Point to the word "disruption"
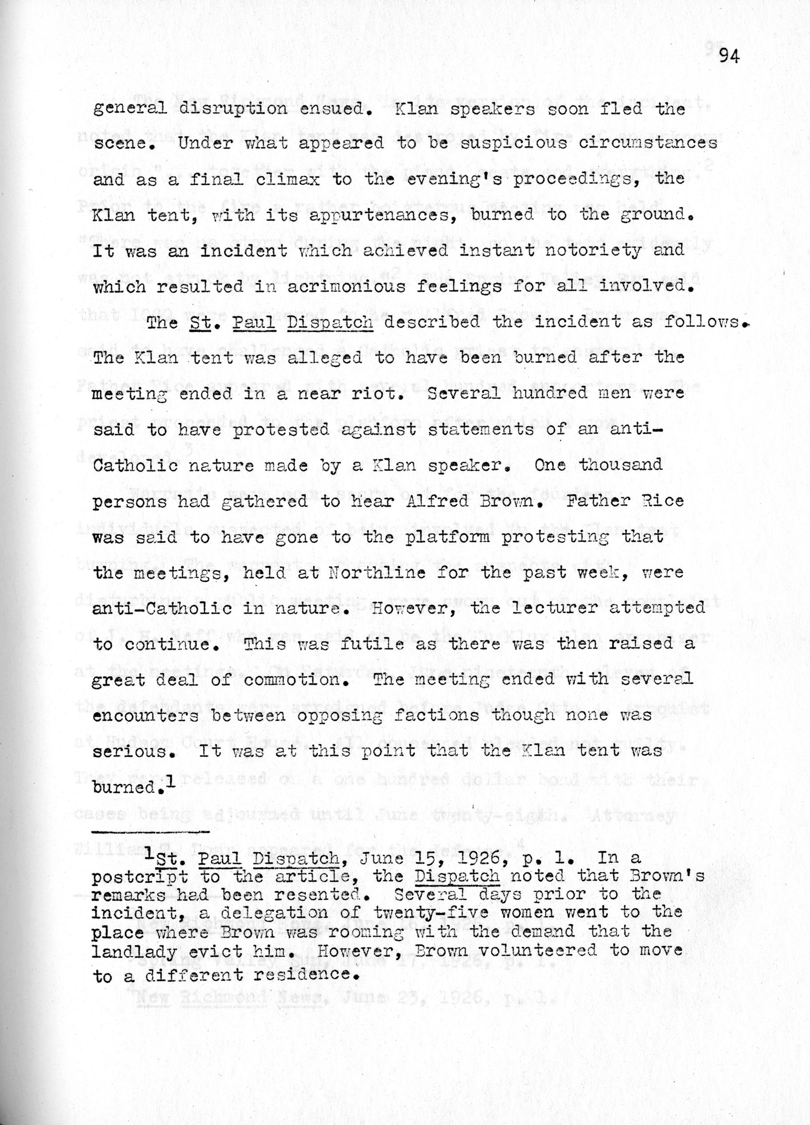pos(233,109)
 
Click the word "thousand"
pos(620,465)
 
